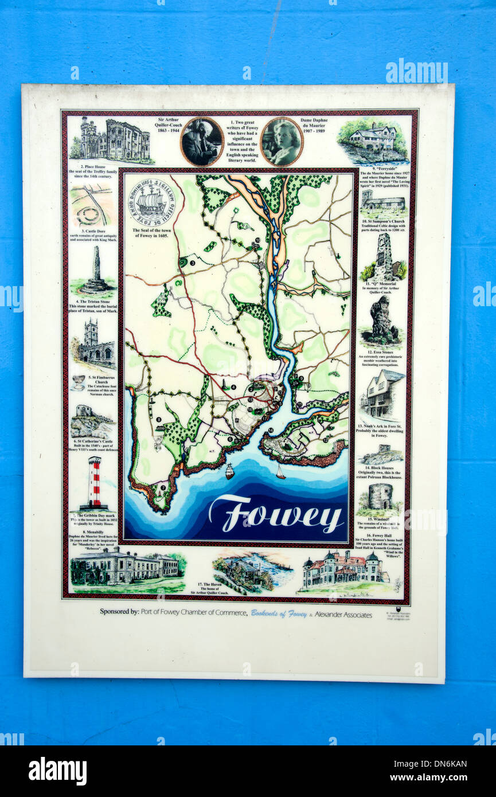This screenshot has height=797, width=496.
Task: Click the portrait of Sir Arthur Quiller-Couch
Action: [x=201, y=142]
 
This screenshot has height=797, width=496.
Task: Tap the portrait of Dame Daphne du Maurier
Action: [x=282, y=142]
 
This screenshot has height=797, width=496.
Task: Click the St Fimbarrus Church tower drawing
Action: [x=95, y=343]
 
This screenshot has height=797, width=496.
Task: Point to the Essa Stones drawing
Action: [x=381, y=319]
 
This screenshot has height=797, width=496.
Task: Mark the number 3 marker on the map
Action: [x=193, y=263]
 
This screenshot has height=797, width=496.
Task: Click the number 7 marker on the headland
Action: [x=163, y=488]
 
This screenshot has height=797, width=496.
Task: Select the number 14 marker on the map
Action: [x=271, y=430]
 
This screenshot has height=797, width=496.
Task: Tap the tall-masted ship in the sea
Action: [x=229, y=471]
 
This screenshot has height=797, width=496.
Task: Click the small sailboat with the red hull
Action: [x=280, y=472]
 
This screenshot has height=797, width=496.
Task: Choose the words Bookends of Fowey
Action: [x=279, y=614]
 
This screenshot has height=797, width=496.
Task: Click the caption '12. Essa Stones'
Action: [x=381, y=351]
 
